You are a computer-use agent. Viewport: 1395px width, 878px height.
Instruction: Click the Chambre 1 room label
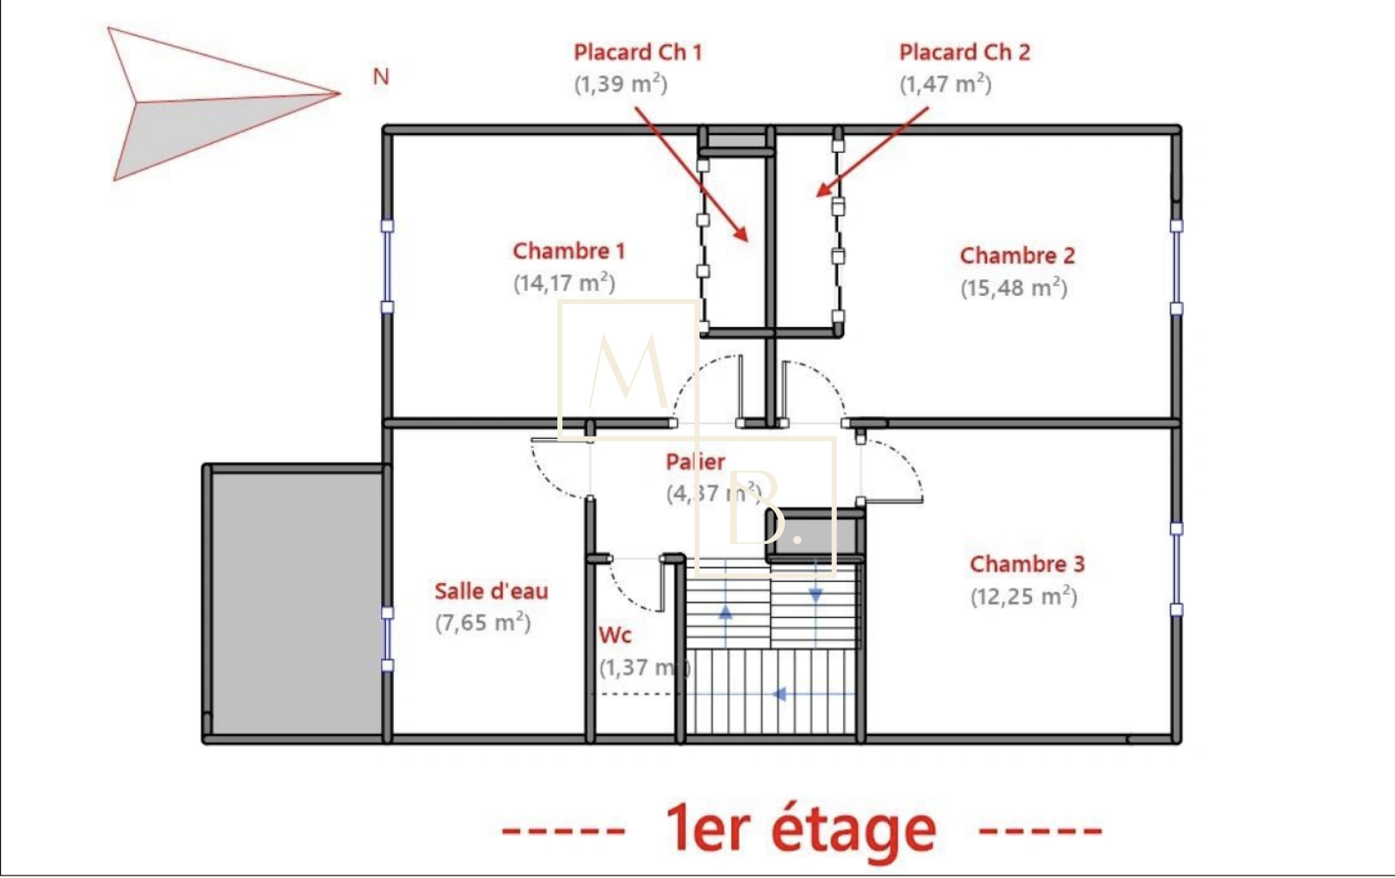point(569,250)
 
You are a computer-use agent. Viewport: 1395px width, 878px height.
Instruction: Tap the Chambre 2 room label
point(1017,255)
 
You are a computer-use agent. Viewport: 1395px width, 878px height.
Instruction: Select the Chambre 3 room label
point(1027,563)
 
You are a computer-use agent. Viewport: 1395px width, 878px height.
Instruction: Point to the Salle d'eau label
point(491,590)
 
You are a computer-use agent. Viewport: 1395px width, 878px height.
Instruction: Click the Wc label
point(615,635)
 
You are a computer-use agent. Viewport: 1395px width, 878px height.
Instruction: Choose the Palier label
point(695,462)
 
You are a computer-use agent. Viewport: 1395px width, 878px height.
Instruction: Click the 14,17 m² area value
point(564,283)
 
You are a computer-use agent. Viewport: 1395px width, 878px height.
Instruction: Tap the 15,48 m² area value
point(1014,288)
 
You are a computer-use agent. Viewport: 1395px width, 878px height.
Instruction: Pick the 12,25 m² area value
point(1024,596)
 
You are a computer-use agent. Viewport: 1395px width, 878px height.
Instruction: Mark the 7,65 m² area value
point(483,623)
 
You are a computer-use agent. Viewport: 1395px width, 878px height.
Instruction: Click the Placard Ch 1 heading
point(638,52)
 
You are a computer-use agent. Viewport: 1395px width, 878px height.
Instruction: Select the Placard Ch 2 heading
point(964,52)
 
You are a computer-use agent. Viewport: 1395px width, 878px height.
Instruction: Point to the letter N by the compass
point(381,76)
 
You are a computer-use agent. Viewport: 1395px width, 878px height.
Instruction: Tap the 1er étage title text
point(800,829)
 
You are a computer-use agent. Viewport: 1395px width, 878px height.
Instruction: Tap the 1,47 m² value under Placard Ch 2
point(946,84)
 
